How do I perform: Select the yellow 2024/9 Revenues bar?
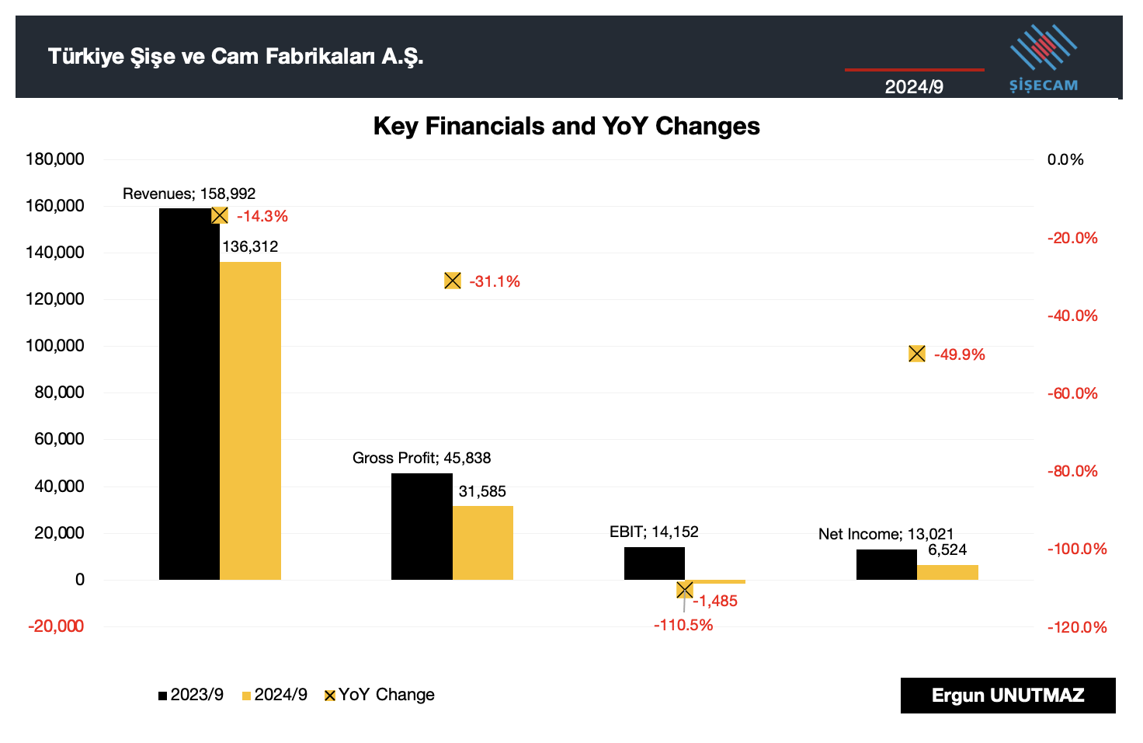(x=250, y=420)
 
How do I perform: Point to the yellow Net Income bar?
(x=947, y=572)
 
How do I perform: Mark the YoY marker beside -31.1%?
(x=453, y=281)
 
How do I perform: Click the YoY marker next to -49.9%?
(x=917, y=354)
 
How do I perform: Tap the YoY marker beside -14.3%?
(x=220, y=215)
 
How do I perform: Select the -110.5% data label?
(x=683, y=625)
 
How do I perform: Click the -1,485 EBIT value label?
(x=715, y=601)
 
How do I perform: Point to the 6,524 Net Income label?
(x=947, y=550)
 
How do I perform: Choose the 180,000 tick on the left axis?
(x=55, y=159)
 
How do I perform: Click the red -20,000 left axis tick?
(x=56, y=626)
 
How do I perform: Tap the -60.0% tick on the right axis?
(x=1072, y=393)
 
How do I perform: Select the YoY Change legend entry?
(x=379, y=695)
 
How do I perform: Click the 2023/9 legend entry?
(x=191, y=695)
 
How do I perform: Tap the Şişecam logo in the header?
(x=1044, y=59)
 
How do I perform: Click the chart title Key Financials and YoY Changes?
(x=566, y=126)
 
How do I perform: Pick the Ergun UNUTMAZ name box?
(x=1008, y=696)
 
